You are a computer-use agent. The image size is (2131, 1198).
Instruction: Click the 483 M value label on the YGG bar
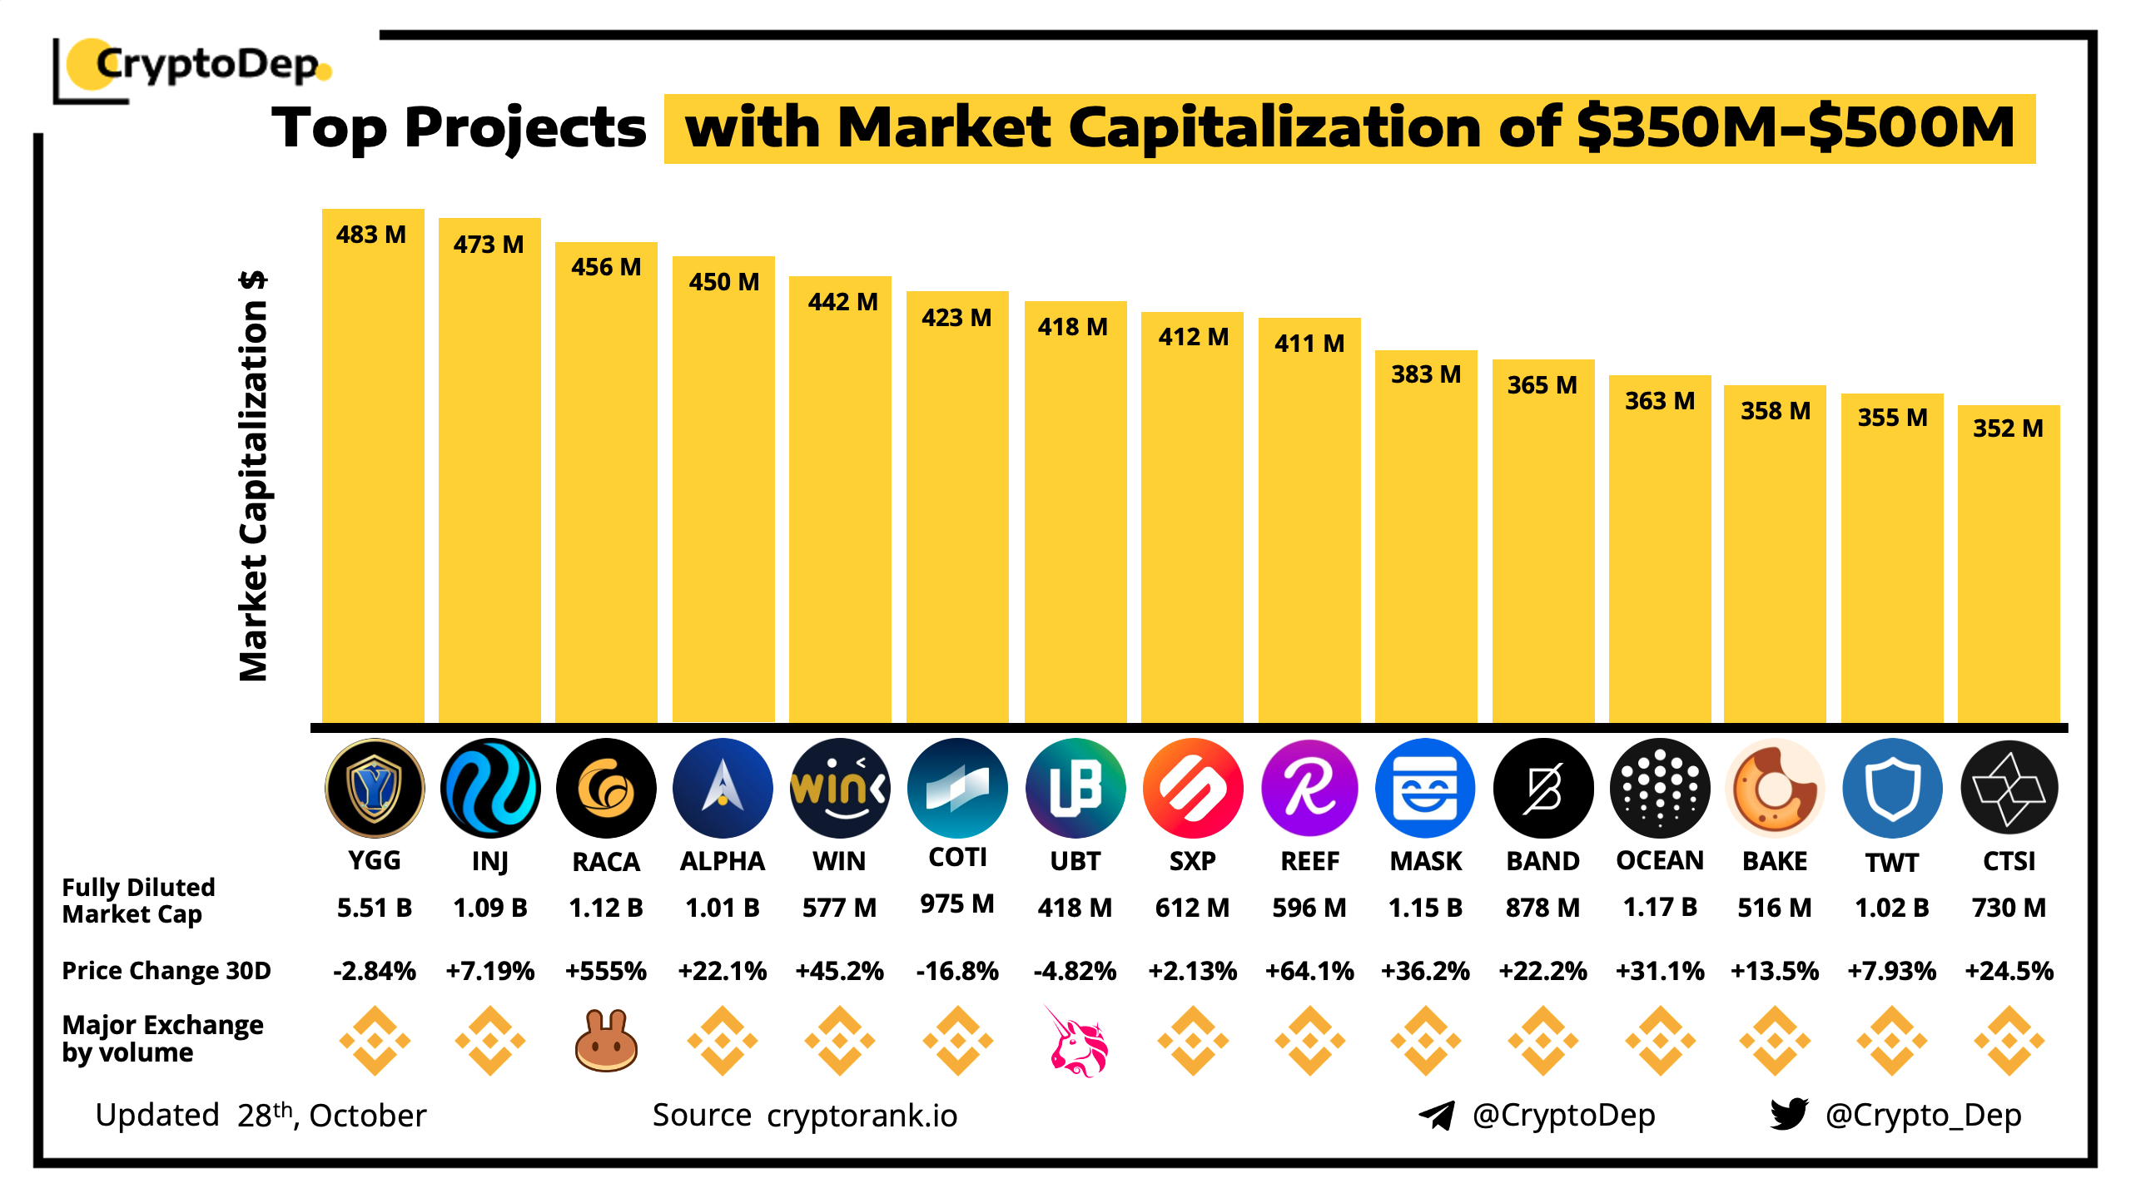pos(371,235)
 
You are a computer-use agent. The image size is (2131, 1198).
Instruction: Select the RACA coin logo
pos(606,788)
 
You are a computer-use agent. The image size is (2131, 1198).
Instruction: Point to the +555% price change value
pos(606,971)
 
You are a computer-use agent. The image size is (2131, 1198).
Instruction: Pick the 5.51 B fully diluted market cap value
pos(375,908)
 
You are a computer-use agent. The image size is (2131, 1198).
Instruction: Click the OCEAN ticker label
pos(1660,860)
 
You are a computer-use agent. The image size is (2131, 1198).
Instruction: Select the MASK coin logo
pos(1426,788)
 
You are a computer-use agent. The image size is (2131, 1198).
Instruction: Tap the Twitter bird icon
pos(1789,1114)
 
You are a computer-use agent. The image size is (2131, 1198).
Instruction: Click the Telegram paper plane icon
pos(1437,1115)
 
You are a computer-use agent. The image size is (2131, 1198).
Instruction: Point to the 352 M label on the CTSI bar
pos(2008,428)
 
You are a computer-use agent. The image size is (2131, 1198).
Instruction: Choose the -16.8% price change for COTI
pos(957,971)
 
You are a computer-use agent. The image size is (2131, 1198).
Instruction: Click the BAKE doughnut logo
pos(1775,788)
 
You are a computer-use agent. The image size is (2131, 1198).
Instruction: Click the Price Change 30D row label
pos(166,971)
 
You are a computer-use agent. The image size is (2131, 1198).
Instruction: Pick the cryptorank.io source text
pos(862,1116)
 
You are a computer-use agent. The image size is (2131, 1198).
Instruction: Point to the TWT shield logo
pos(1892,788)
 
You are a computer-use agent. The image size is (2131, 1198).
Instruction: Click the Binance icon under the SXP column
pos(1193,1040)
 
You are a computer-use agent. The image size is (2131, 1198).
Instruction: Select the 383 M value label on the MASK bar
pos(1426,374)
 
